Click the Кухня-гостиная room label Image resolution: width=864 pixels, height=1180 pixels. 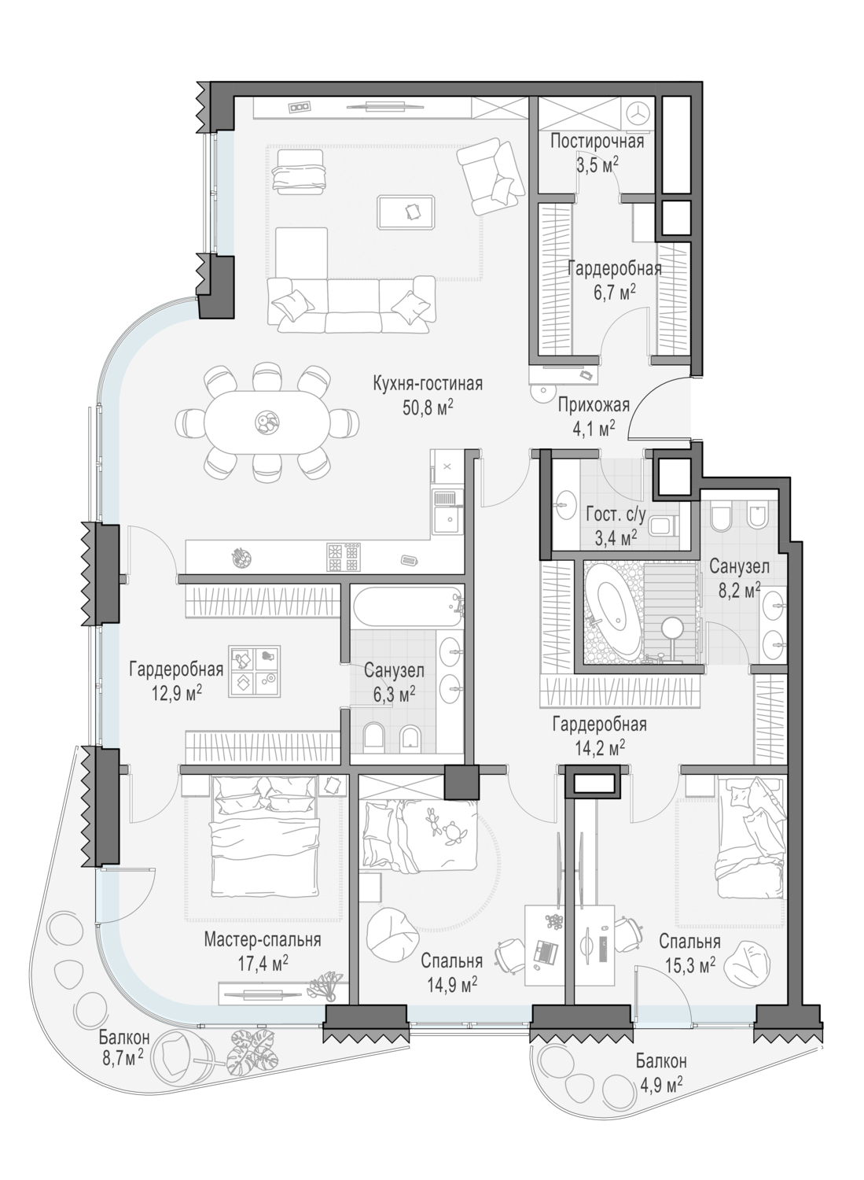[x=428, y=384]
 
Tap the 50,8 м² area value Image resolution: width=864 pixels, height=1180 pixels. [x=428, y=408]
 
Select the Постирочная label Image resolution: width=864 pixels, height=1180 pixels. [x=597, y=141]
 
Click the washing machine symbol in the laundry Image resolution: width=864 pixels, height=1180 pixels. [x=638, y=112]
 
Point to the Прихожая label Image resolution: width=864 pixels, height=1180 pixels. [x=594, y=405]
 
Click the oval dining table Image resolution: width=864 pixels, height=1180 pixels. [x=267, y=420]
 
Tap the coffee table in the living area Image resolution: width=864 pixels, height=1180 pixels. [x=406, y=212]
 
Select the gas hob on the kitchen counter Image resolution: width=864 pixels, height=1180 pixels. [x=344, y=557]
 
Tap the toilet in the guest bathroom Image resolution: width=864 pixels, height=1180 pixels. [x=664, y=525]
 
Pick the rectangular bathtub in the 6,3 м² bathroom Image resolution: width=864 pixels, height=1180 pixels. [x=407, y=608]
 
